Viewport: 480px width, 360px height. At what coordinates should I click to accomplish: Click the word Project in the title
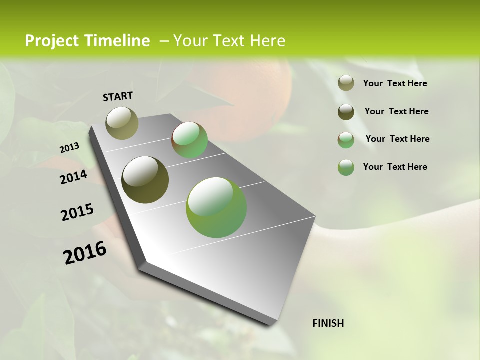click(51, 41)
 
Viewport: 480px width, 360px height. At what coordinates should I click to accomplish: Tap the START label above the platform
click(118, 96)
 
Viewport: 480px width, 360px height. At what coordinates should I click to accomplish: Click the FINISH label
click(328, 323)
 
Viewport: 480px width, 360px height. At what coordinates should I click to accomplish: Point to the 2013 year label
click(69, 148)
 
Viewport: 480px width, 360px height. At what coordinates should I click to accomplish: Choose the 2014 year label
click(73, 177)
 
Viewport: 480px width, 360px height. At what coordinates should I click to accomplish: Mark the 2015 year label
click(77, 212)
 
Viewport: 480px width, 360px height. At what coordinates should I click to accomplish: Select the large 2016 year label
click(85, 253)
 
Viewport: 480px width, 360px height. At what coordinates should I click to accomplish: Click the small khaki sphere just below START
click(122, 123)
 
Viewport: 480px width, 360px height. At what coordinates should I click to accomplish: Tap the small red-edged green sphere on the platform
click(189, 140)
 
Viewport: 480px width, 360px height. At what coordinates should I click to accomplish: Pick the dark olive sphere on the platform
click(145, 180)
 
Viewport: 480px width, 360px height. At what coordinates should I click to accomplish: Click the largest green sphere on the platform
click(216, 207)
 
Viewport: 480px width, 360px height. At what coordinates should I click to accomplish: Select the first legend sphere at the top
click(346, 83)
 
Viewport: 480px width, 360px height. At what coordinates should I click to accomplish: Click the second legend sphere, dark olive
click(346, 112)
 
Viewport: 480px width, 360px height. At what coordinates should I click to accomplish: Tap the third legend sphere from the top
click(346, 140)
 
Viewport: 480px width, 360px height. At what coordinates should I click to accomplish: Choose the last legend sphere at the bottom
click(346, 167)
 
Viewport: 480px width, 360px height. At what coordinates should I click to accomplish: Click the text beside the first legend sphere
click(395, 84)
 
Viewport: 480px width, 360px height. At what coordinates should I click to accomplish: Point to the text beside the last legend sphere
click(395, 167)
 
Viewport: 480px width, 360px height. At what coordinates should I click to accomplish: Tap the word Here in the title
click(267, 41)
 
